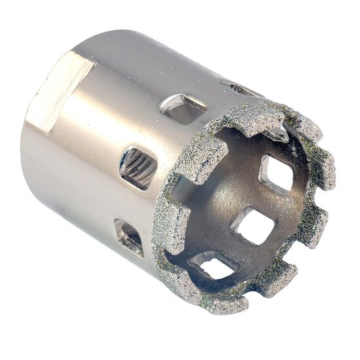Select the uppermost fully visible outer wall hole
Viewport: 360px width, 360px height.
click(x=183, y=107)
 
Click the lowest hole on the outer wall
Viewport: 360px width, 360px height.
click(x=129, y=237)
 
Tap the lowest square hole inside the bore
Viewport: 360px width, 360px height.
click(x=213, y=265)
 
